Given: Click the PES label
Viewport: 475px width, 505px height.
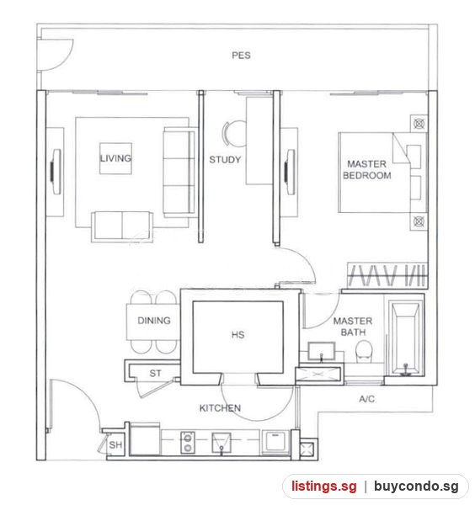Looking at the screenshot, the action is [241, 56].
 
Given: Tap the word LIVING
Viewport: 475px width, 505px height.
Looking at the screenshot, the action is [115, 158].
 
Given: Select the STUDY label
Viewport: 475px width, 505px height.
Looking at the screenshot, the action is [225, 159].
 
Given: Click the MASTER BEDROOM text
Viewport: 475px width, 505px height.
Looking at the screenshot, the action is [366, 170].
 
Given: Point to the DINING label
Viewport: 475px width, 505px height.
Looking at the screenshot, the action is [154, 321].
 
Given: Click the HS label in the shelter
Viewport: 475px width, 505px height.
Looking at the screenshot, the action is [237, 335].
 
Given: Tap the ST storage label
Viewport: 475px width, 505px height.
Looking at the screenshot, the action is [155, 373].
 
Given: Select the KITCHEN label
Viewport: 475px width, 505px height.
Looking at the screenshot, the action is [220, 408].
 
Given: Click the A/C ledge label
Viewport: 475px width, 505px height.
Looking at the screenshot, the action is [366, 399].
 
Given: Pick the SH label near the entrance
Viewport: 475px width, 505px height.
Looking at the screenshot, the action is [115, 444].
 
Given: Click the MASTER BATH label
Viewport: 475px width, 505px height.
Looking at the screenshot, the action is [353, 327].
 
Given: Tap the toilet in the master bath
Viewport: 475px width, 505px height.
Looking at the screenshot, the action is [364, 352].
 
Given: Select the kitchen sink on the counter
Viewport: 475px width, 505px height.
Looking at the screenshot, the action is [221, 443].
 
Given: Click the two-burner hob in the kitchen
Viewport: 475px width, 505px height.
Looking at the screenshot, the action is [187, 443].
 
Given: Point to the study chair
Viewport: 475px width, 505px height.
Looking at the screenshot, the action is [232, 134].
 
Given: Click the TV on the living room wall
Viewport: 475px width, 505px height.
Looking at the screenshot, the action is [56, 172].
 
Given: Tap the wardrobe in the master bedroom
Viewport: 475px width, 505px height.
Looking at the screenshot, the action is [387, 276].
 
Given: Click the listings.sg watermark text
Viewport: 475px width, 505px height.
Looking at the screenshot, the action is [324, 486].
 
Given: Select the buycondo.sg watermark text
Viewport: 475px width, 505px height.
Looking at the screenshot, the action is [416, 486].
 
